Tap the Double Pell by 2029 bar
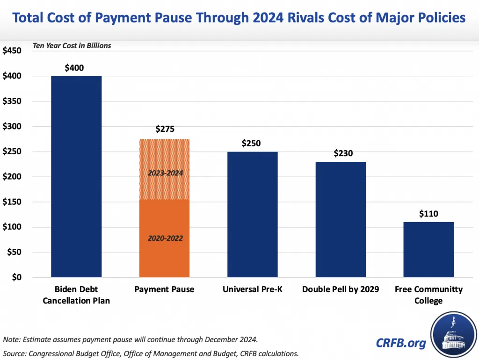pyautogui.click(x=341, y=219)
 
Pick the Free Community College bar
pyautogui.click(x=428, y=250)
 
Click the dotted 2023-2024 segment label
pyautogui.click(x=165, y=173)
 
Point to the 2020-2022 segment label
pyautogui.click(x=165, y=238)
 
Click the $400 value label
pyautogui.click(x=74, y=68)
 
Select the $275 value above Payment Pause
pyautogui.click(x=165, y=129)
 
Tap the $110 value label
pyautogui.click(x=428, y=214)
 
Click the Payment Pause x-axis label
pyautogui.click(x=164, y=289)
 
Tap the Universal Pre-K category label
pyautogui.click(x=253, y=289)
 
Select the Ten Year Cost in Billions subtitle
pyautogui.click(x=72, y=46)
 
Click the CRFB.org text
pyautogui.click(x=401, y=343)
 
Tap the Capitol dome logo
pyautogui.click(x=452, y=334)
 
